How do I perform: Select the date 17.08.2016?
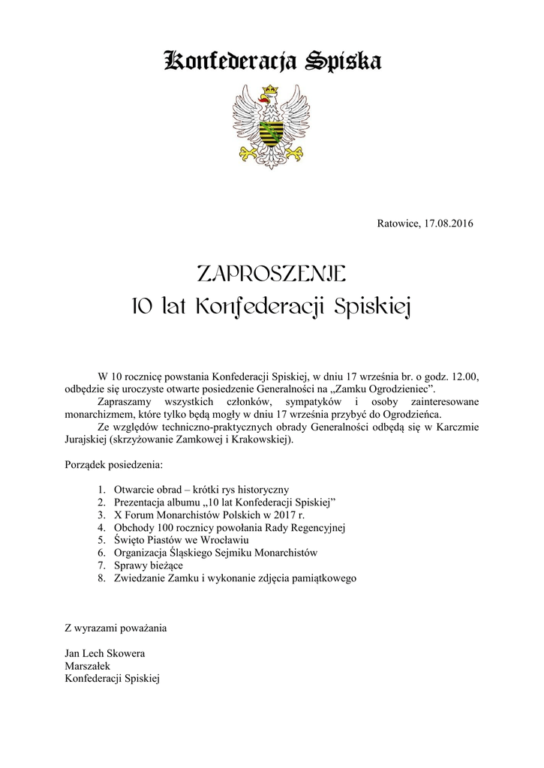[x=449, y=223]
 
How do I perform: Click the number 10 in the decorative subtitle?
[x=141, y=307]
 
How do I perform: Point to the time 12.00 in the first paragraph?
[x=464, y=375]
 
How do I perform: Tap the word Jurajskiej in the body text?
[x=86, y=439]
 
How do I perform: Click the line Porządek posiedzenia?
[x=109, y=465]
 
